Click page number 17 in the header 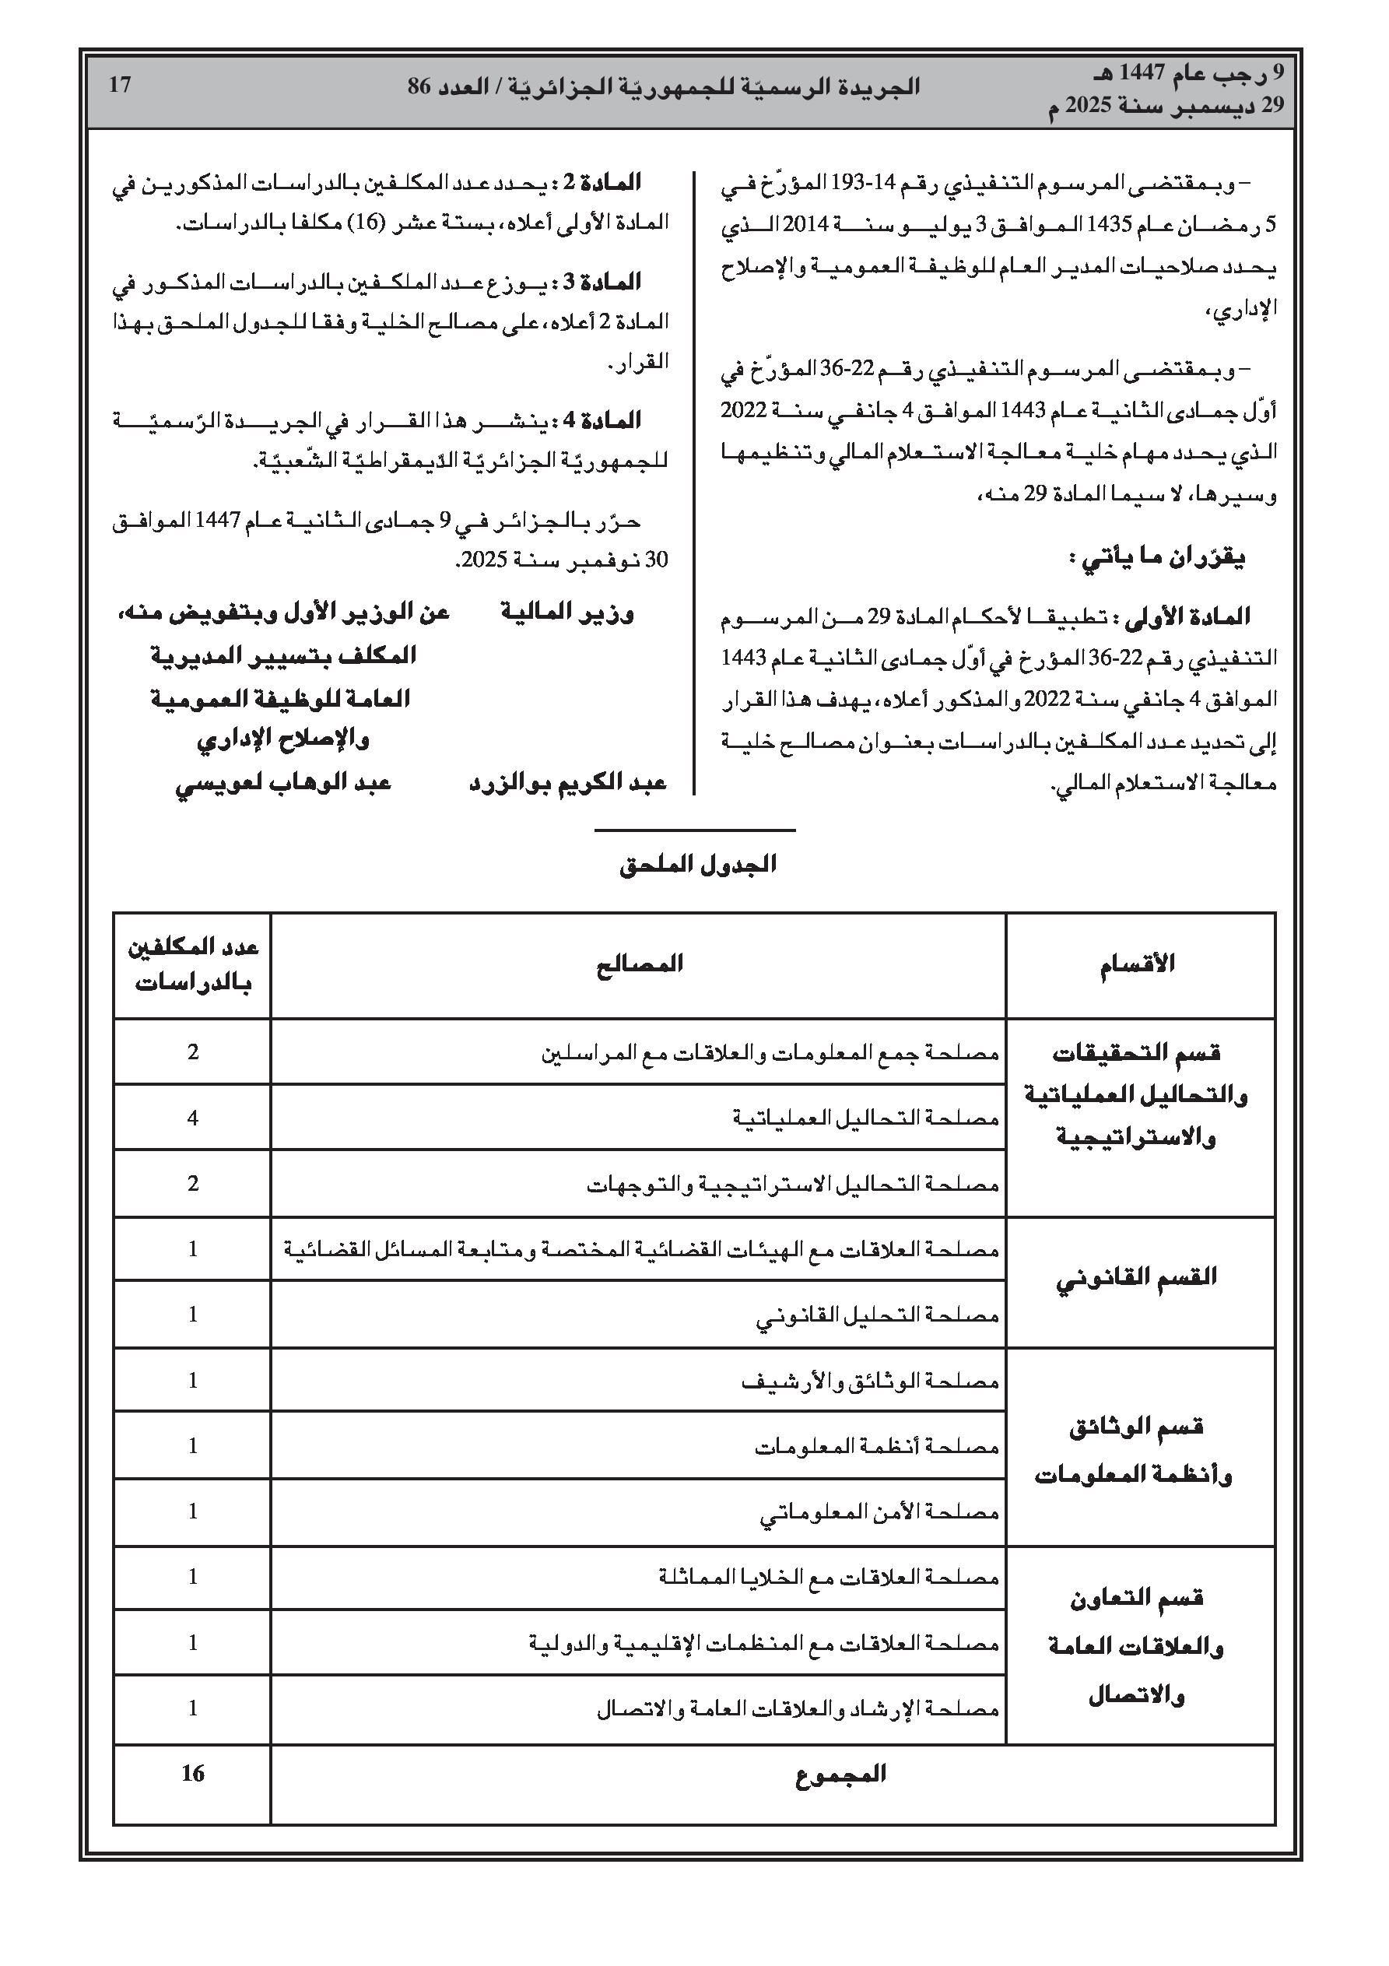[x=120, y=85]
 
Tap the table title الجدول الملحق [x=698, y=865]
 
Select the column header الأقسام [x=1137, y=965]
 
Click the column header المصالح [x=640, y=965]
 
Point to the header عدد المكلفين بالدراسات [x=193, y=965]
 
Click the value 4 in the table [x=193, y=1118]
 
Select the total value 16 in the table [x=193, y=1773]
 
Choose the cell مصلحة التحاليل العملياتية [x=866, y=1118]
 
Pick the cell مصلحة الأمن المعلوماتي [x=879, y=1512]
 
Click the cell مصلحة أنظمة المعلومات [x=877, y=1447]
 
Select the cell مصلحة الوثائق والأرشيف [x=870, y=1381]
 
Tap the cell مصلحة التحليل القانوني [x=877, y=1315]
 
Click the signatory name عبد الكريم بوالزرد [x=568, y=783]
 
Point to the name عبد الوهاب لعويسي [x=283, y=783]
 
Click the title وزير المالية [x=567, y=613]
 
